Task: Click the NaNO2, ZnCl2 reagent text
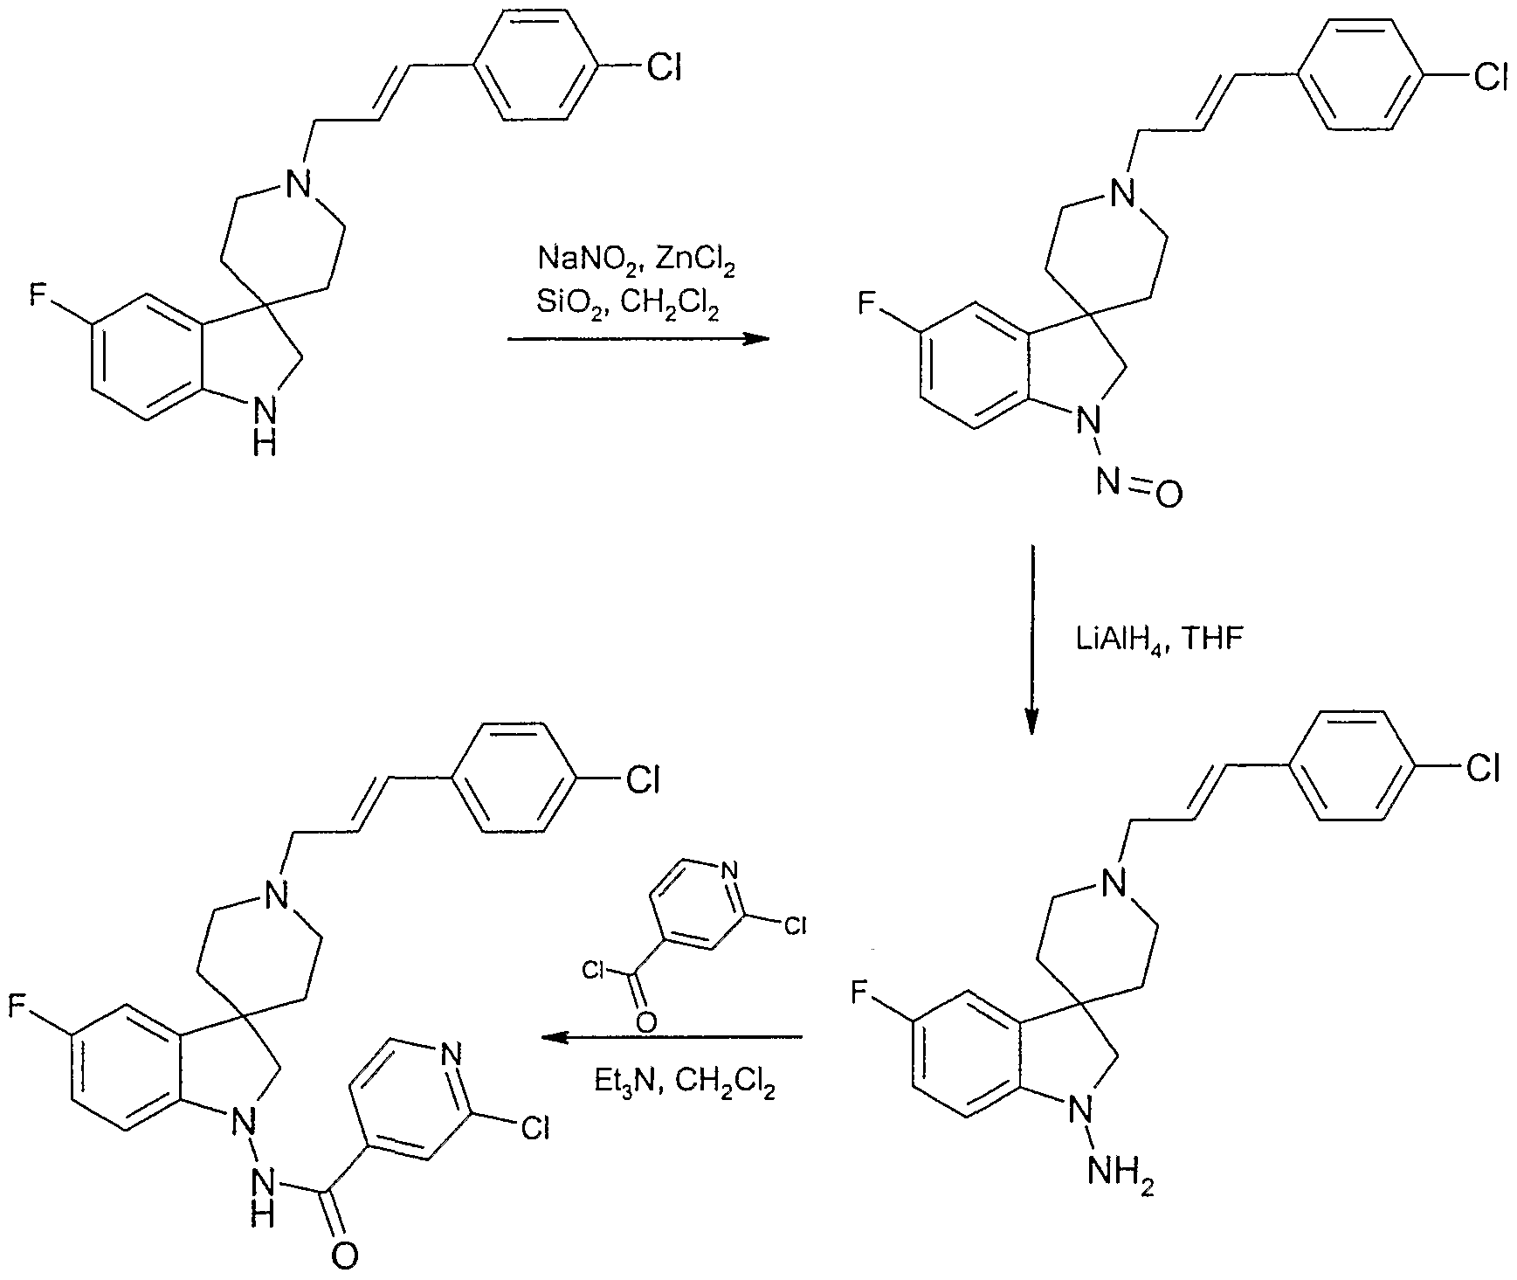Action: [636, 262]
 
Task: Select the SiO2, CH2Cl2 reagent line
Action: [629, 307]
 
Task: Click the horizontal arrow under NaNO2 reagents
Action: [638, 341]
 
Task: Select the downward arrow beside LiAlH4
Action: [1032, 640]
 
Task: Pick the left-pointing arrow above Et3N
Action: [671, 1038]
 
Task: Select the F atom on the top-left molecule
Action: [40, 297]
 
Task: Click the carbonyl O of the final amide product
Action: [346, 1256]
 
